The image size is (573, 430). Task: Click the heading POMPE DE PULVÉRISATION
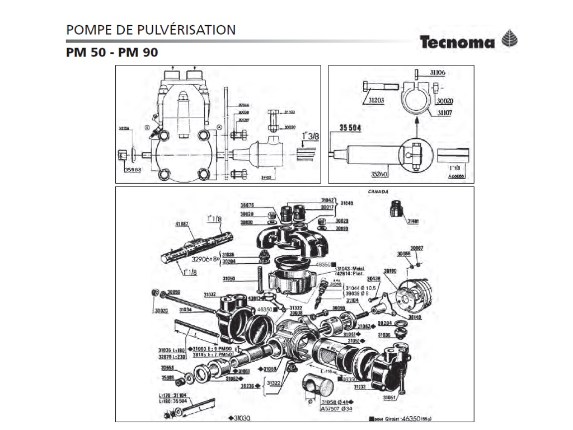[x=151, y=30]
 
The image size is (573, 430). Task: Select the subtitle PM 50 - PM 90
[x=112, y=53]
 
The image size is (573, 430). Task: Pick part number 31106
[x=438, y=73]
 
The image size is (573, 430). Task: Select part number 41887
[x=182, y=224]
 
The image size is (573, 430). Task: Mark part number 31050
[x=229, y=278]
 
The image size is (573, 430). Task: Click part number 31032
[x=210, y=294]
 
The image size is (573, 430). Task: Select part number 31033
[x=360, y=386]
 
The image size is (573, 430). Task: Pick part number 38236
[x=248, y=386]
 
